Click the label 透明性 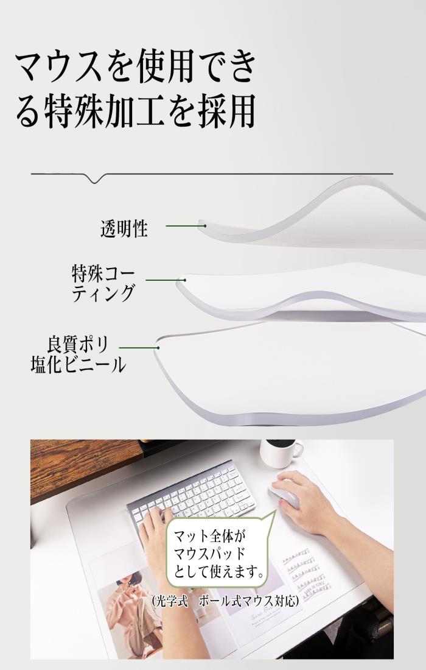point(124,228)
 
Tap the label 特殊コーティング point(103,283)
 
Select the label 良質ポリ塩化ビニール point(79,354)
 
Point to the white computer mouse point(284,495)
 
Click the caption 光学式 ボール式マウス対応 point(225,601)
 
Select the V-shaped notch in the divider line point(95,178)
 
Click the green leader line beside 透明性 point(186,225)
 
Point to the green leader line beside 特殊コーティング point(166,280)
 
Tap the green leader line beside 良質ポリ point(139,348)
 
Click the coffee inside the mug point(281,443)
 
